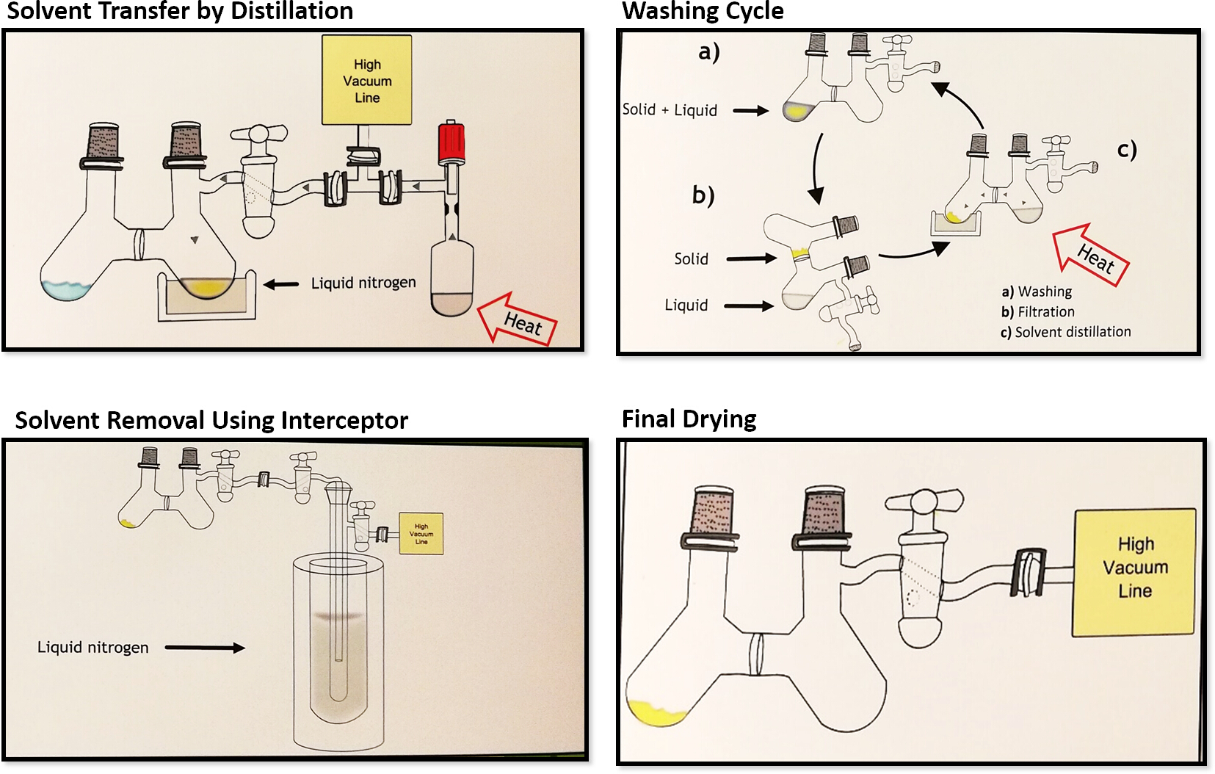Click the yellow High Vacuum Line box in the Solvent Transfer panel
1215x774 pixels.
coord(367,81)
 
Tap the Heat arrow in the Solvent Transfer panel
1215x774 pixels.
coord(518,319)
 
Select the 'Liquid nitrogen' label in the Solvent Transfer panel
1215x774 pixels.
coord(363,283)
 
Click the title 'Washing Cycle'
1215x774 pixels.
coord(703,11)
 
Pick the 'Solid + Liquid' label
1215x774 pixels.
coord(670,110)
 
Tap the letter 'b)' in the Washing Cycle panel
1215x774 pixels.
coord(703,195)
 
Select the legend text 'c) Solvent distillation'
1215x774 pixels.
coord(1065,332)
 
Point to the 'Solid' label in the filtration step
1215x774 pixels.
coord(692,259)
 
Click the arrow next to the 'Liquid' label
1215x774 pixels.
coord(749,305)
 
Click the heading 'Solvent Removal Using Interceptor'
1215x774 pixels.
coord(211,420)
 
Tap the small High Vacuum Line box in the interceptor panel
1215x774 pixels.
coord(421,534)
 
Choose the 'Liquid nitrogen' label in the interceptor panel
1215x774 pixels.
coord(93,648)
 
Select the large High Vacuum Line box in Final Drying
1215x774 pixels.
coord(1134,567)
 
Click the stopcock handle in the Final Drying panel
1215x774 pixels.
coord(924,502)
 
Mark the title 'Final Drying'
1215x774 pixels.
coord(689,419)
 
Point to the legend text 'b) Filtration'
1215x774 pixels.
coord(1037,312)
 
